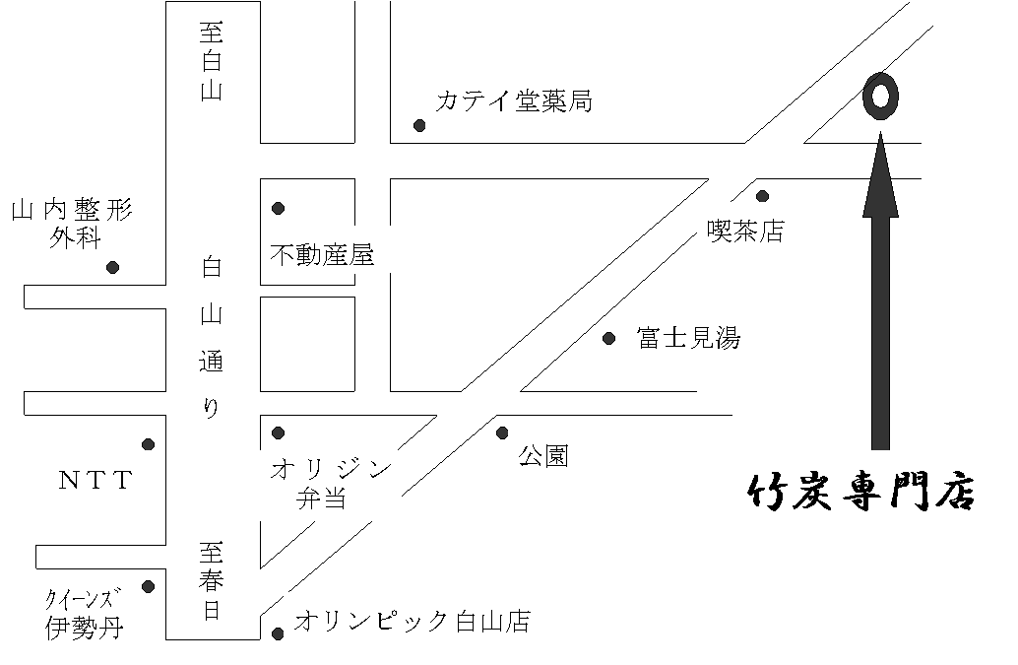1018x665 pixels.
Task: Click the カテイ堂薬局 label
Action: point(514,100)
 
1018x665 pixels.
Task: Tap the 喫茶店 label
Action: point(745,231)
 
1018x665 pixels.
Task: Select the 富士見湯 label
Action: point(688,339)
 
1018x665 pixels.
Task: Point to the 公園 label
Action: point(544,456)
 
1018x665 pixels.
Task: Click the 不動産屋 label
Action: point(322,256)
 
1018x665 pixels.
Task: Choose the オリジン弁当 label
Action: point(330,484)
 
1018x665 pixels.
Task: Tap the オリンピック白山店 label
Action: point(413,622)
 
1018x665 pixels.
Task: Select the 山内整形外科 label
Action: point(71,224)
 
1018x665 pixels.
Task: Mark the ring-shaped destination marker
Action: point(880,98)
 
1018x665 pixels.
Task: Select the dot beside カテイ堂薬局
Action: point(419,125)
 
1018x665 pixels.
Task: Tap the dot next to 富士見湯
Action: point(609,339)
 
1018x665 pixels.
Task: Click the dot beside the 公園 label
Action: point(502,432)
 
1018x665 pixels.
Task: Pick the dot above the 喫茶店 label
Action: point(762,196)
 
